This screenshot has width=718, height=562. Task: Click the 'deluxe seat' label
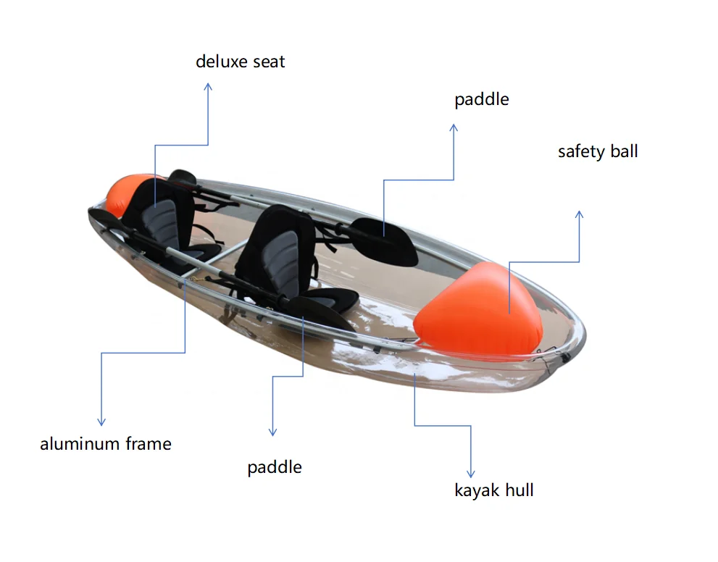pyautogui.click(x=240, y=62)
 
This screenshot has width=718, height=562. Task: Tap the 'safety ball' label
pyautogui.click(x=598, y=152)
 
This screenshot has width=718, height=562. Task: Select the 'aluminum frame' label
pyautogui.click(x=106, y=444)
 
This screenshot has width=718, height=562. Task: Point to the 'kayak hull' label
pyautogui.click(x=494, y=490)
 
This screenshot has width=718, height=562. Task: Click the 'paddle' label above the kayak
pyautogui.click(x=482, y=100)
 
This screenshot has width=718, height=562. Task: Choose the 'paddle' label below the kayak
pyautogui.click(x=275, y=467)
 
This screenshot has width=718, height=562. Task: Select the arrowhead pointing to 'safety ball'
pyautogui.click(x=579, y=215)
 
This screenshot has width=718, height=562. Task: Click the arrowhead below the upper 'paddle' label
pyautogui.click(x=454, y=128)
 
